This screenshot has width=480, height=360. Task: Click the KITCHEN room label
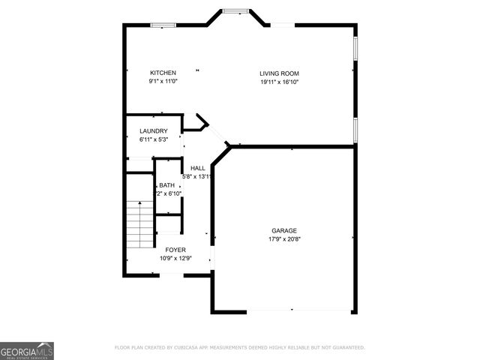click(163, 73)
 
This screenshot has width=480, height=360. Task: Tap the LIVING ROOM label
click(280, 73)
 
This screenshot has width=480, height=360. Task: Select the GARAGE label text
click(284, 230)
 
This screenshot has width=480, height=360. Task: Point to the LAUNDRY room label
click(153, 131)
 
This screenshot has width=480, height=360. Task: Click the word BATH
click(166, 185)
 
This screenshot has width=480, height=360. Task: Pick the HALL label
click(198, 168)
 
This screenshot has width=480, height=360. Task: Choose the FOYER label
click(175, 250)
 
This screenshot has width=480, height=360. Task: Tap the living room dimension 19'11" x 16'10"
click(280, 82)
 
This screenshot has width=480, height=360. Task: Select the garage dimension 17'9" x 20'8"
click(284, 239)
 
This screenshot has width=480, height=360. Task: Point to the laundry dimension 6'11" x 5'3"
click(153, 139)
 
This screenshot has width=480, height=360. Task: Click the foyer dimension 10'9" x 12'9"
click(175, 259)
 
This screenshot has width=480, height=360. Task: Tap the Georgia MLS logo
click(27, 351)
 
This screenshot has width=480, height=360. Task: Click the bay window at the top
click(235, 11)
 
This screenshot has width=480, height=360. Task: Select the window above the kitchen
click(163, 25)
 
